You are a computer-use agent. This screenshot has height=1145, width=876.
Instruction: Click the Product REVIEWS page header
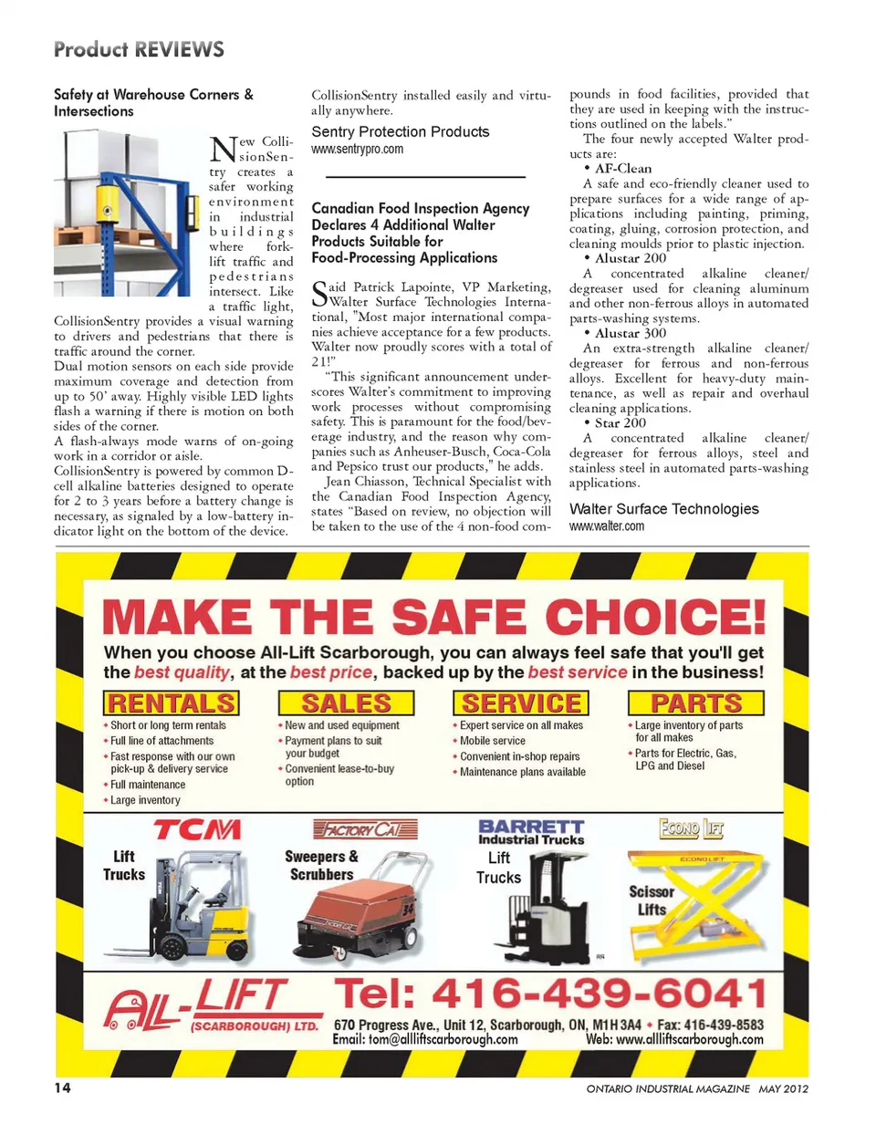click(139, 49)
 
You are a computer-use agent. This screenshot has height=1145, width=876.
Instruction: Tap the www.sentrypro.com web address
click(357, 149)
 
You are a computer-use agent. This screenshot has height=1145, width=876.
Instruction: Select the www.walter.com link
click(606, 526)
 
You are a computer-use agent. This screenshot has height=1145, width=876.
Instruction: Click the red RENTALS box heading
click(171, 703)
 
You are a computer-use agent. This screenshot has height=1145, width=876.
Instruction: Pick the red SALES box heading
click(346, 703)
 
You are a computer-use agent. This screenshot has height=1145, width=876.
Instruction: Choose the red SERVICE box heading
click(521, 703)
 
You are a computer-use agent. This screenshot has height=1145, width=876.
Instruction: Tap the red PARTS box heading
click(695, 703)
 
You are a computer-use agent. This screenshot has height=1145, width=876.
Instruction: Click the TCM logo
click(197, 829)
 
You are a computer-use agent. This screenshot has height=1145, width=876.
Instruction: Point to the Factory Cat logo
click(365, 829)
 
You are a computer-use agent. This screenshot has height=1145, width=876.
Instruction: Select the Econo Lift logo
click(691, 828)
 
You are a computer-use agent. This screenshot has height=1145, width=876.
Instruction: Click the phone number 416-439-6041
click(550, 994)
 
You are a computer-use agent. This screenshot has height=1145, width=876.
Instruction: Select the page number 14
click(62, 1088)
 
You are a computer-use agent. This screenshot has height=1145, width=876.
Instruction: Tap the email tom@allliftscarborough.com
click(425, 1039)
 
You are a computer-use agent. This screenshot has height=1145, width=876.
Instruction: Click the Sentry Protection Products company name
click(401, 132)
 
